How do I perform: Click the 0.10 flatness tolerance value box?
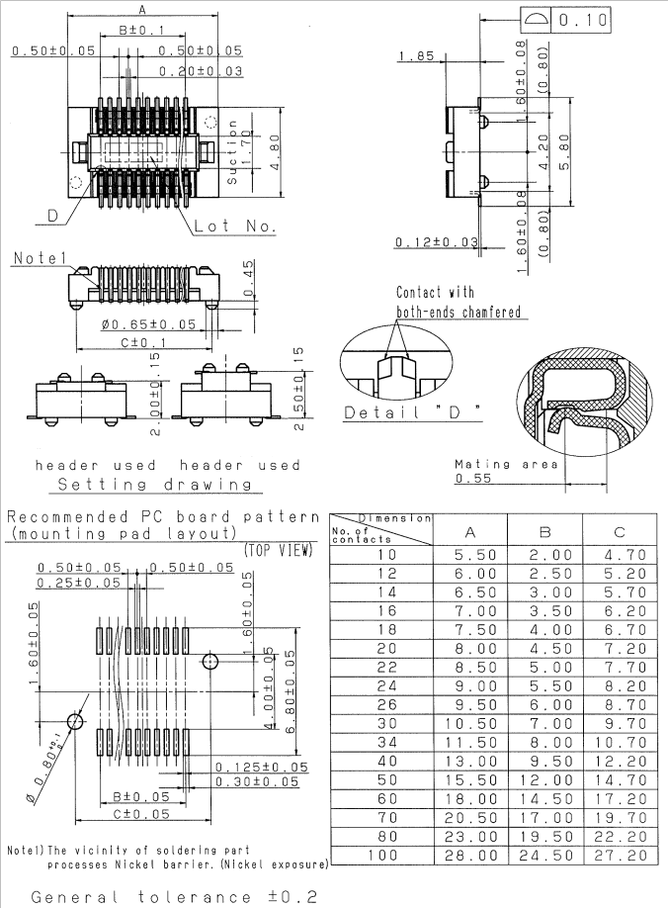(583, 20)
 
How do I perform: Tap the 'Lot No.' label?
(235, 227)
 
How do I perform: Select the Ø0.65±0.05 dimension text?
(148, 324)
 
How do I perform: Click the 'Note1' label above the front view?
(39, 258)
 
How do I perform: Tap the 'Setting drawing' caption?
(154, 485)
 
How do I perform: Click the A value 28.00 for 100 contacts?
(468, 856)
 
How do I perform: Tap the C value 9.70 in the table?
(622, 725)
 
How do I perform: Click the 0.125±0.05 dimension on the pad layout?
(262, 767)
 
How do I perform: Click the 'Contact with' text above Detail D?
(435, 293)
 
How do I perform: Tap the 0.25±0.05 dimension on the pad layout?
(78, 584)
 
